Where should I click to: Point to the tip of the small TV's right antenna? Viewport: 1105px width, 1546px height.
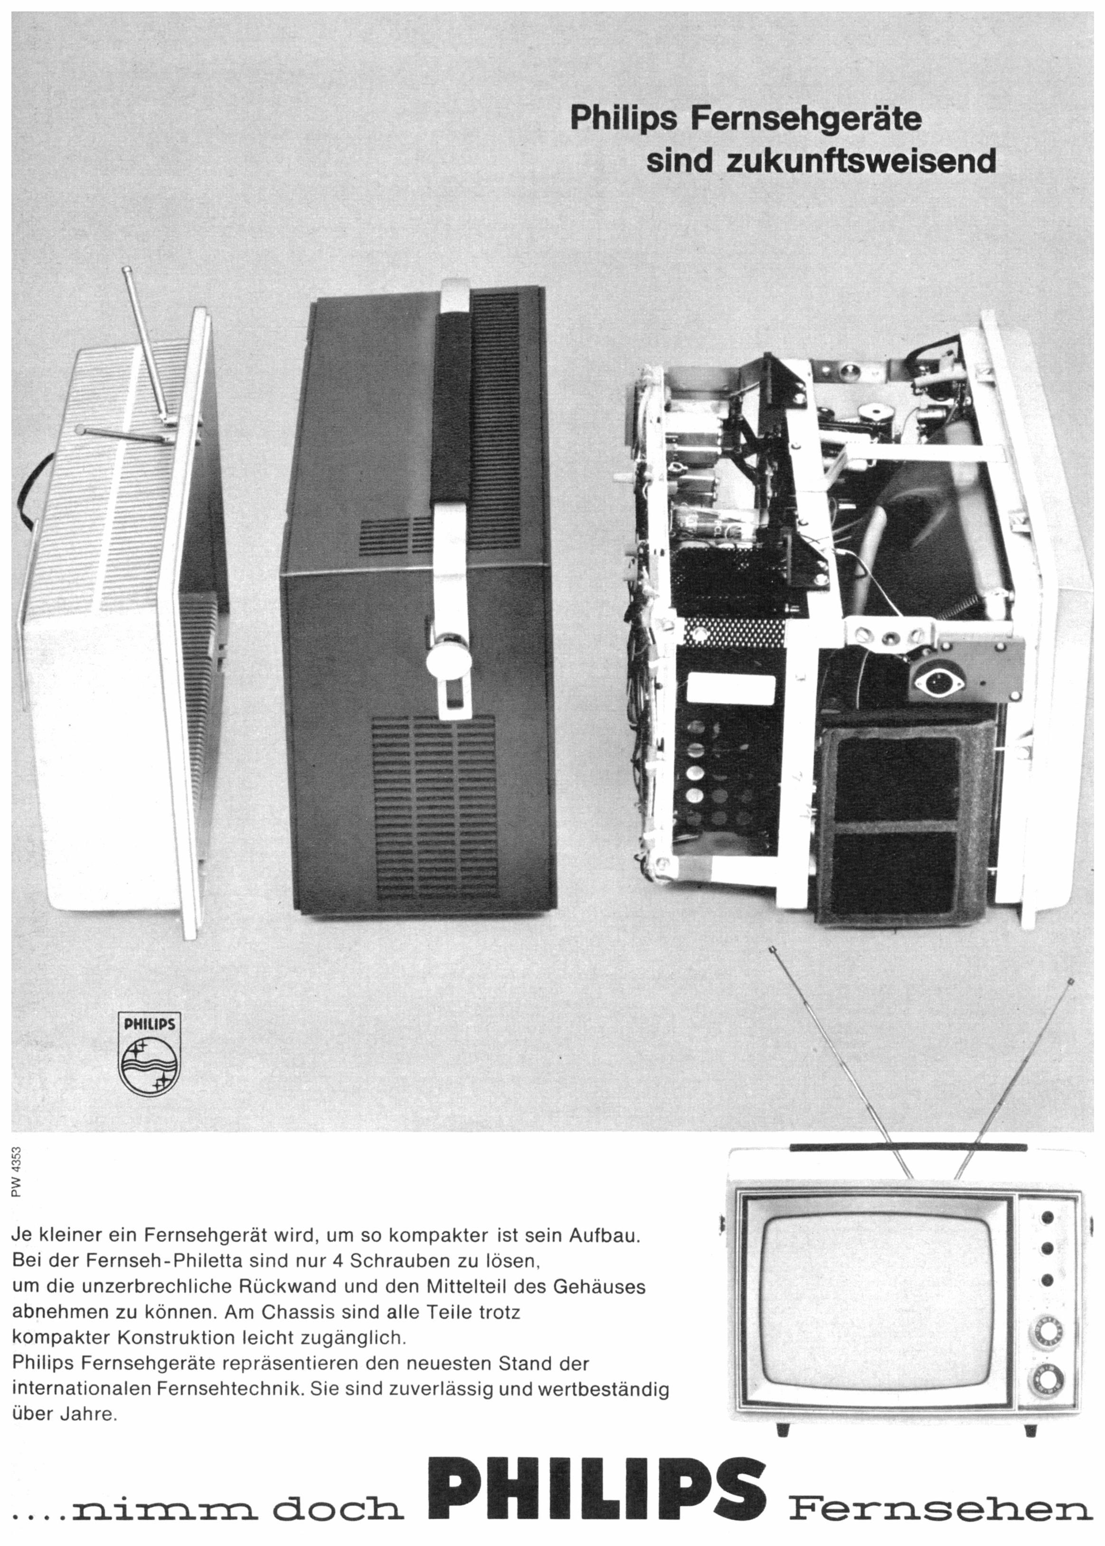coord(1071,981)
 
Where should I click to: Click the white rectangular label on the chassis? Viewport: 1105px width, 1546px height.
coord(731,689)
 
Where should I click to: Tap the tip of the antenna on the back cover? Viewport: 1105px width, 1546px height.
coord(127,272)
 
